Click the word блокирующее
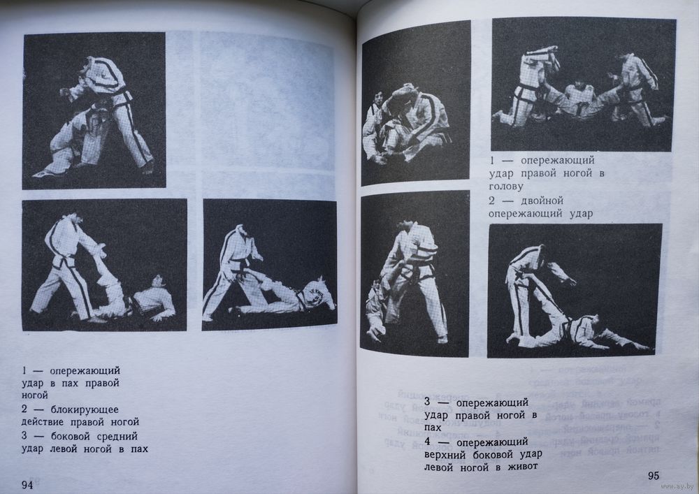point(85,409)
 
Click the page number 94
point(28,485)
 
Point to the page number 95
point(653,476)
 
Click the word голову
point(505,186)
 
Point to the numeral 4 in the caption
point(427,442)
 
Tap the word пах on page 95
point(433,428)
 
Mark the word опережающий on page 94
point(85,370)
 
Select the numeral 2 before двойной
point(491,201)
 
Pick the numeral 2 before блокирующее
point(24,409)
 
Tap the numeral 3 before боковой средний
point(24,436)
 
